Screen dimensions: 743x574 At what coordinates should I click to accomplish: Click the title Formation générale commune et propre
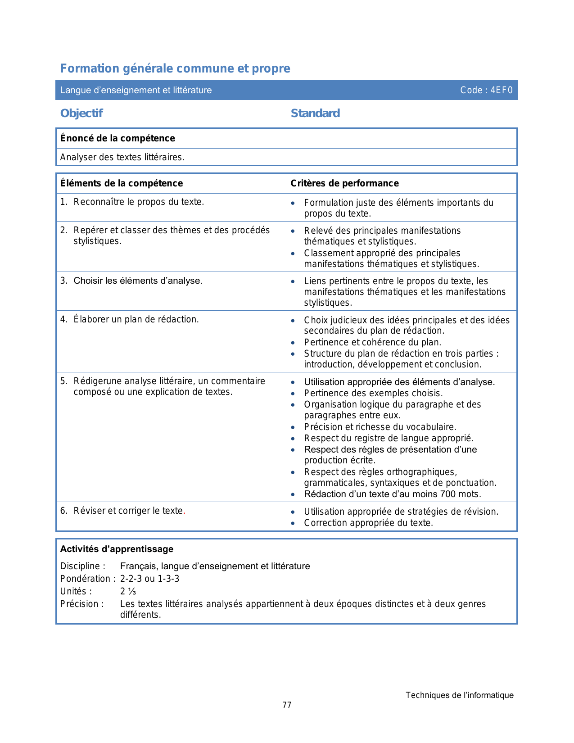click(x=175, y=68)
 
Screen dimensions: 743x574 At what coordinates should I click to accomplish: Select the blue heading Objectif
click(x=81, y=113)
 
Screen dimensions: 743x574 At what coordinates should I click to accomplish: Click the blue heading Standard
click(x=315, y=113)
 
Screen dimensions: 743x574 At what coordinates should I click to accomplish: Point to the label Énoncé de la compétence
click(x=118, y=138)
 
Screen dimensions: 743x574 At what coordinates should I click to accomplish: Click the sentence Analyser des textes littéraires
click(x=122, y=157)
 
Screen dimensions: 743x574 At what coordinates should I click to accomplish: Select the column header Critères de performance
click(x=344, y=183)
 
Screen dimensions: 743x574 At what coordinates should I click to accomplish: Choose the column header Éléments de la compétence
click(x=122, y=183)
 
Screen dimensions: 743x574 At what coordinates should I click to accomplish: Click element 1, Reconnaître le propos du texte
click(x=139, y=202)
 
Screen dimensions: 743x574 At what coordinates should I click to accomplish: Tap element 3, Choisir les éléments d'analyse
click(x=138, y=281)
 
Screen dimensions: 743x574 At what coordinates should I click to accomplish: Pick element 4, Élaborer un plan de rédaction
click(x=136, y=319)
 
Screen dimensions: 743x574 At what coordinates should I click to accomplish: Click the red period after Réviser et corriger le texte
click(x=184, y=512)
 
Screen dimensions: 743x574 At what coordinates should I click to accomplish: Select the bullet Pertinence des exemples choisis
click(x=373, y=393)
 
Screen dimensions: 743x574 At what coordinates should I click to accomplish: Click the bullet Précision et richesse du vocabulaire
click(x=380, y=427)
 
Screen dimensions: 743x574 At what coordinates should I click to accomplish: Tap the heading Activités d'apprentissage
click(x=117, y=549)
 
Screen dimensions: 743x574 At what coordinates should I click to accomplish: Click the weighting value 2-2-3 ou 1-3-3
click(x=149, y=579)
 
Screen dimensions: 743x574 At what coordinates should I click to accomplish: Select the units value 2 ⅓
click(x=128, y=591)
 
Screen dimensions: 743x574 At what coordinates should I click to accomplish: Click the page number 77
click(x=287, y=705)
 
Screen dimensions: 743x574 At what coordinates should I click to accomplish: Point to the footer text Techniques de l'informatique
click(x=459, y=695)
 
